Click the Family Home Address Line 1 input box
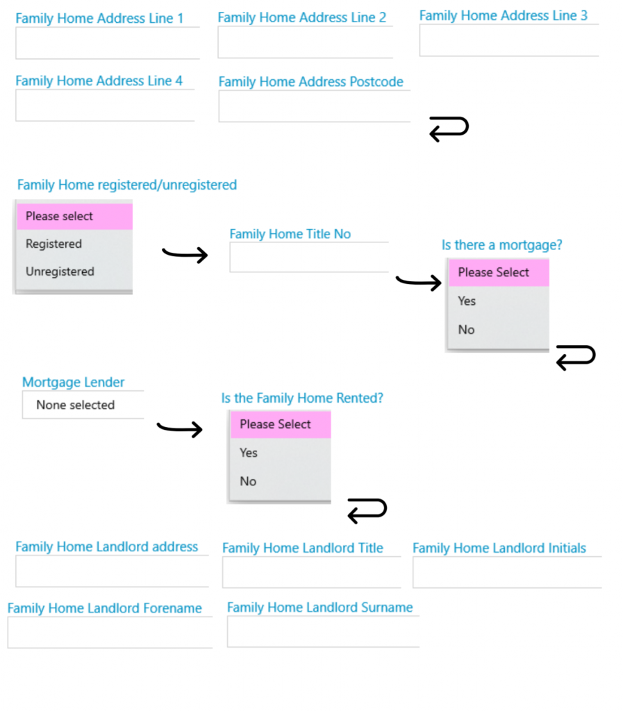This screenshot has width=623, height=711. [x=108, y=43]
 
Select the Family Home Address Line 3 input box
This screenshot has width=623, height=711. [x=509, y=40]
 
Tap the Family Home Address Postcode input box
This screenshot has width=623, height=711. [x=314, y=106]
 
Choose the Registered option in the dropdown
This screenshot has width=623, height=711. [x=54, y=244]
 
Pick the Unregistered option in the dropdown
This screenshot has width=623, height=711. [x=60, y=271]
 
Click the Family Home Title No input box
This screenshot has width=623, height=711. [x=309, y=257]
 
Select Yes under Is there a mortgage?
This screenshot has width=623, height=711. [x=467, y=301]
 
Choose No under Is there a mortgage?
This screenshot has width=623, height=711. [x=466, y=330]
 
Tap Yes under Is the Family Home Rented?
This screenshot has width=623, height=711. [x=249, y=453]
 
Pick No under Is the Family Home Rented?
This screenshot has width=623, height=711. [x=248, y=482]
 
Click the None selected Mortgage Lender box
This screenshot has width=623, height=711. [x=83, y=405]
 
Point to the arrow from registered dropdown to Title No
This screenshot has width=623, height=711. [x=185, y=254]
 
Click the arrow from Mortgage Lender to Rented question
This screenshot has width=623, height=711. [x=180, y=428]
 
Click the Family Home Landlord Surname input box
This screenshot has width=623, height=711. [x=323, y=631]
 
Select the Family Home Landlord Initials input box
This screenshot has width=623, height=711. [x=507, y=572]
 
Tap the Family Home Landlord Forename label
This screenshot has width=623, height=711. [x=105, y=608]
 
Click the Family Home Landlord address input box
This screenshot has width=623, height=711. [x=112, y=571]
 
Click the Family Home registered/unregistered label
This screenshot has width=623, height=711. [x=127, y=185]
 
